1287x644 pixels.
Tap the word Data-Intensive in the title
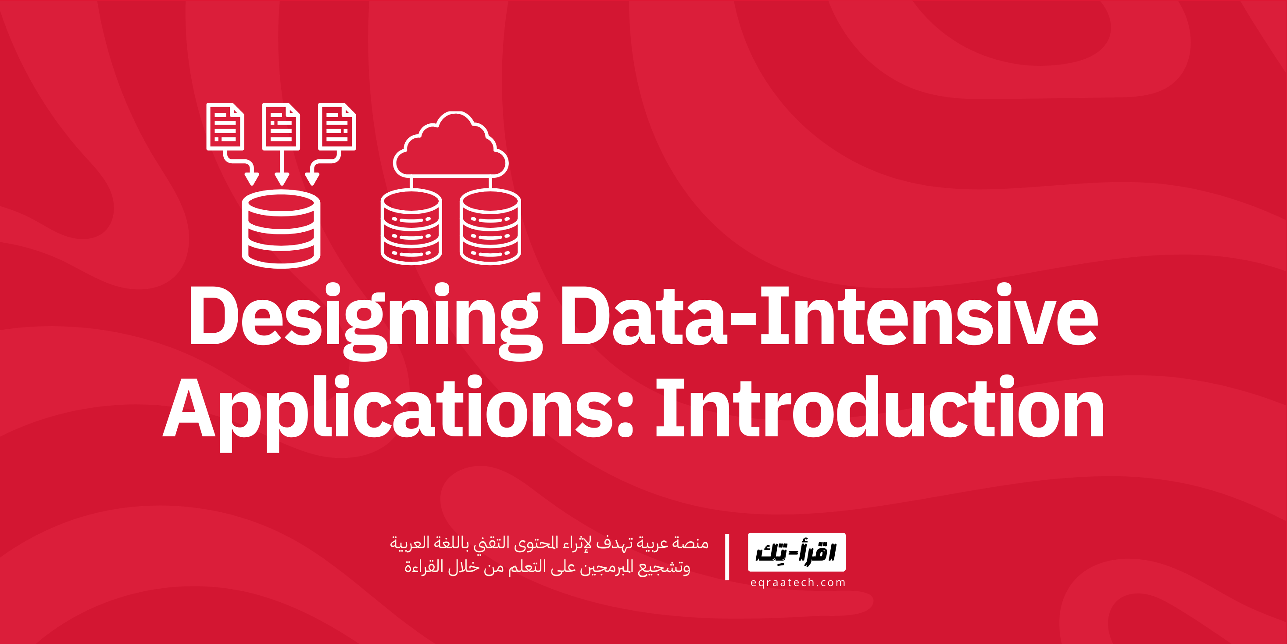pos(829,317)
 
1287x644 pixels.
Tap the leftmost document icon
pos(225,126)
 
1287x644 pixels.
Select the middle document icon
pos(281,126)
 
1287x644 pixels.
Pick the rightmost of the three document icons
pos(337,126)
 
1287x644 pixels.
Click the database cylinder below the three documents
pos(281,229)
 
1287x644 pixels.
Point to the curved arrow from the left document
pos(242,168)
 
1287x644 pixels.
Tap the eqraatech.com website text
pos(797,583)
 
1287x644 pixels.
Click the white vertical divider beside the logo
pos(727,557)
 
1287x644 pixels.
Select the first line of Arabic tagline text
pos(549,543)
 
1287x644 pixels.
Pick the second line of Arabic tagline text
pos(547,568)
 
